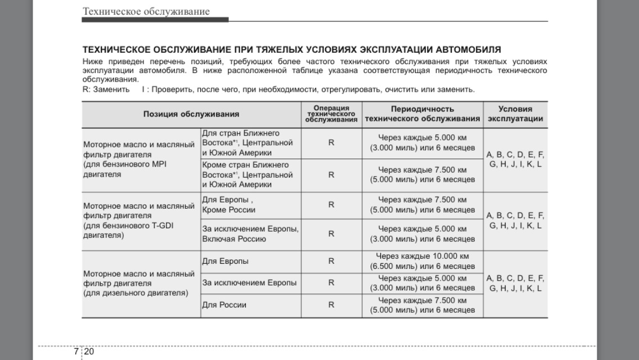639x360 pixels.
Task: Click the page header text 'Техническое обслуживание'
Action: tap(146, 11)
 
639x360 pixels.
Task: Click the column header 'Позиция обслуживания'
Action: tap(191, 114)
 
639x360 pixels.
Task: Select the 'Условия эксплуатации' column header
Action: tap(515, 114)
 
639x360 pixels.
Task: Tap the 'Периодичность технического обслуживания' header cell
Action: tap(422, 114)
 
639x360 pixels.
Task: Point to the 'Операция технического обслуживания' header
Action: tap(331, 114)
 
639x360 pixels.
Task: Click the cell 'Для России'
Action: tap(224, 305)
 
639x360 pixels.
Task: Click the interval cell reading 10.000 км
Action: tap(422, 261)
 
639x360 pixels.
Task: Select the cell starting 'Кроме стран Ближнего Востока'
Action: tap(247, 174)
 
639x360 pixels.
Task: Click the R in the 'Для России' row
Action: tap(331, 305)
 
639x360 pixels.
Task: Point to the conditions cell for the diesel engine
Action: tap(515, 283)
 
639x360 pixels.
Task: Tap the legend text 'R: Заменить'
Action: tap(106, 89)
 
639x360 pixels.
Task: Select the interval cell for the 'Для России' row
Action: tap(422, 305)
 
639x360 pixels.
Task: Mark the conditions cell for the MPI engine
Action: tap(515, 159)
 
